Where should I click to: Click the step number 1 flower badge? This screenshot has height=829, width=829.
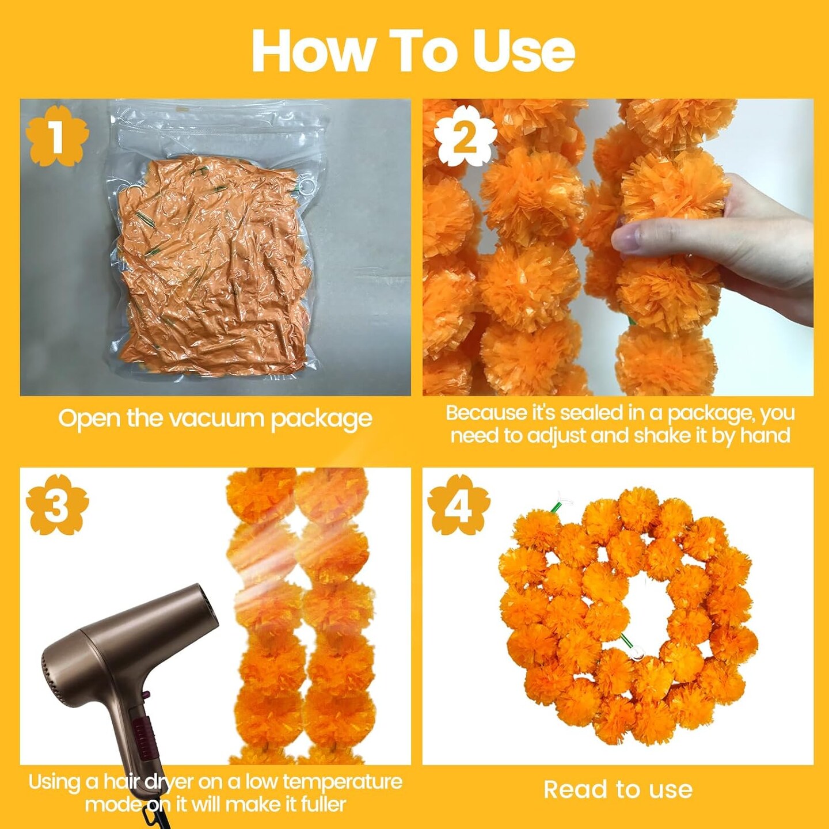[57, 135]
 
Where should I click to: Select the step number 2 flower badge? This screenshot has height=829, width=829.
[465, 135]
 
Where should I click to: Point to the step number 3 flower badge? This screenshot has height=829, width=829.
[57, 505]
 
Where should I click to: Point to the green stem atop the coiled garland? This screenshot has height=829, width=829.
[556, 508]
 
